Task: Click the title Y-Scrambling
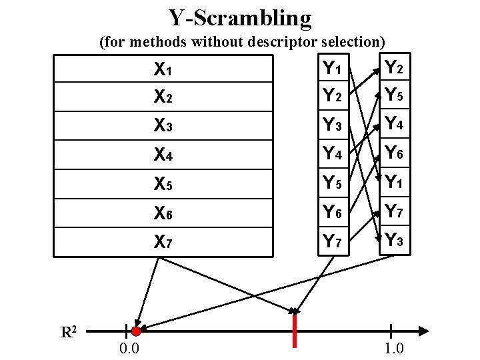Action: click(239, 18)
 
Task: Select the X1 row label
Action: click(163, 69)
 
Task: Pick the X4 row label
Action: click(163, 155)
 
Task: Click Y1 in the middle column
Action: click(333, 68)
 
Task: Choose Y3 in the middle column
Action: click(333, 125)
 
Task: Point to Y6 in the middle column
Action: click(333, 212)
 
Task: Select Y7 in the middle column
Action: click(333, 241)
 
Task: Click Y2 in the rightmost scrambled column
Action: click(395, 67)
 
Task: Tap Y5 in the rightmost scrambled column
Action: click(395, 96)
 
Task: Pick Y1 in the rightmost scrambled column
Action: click(395, 182)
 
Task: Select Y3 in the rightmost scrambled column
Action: click(395, 240)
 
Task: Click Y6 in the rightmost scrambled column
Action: click(395, 153)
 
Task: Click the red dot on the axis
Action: click(136, 331)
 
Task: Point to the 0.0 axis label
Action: click(129, 349)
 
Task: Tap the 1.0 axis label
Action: click(393, 349)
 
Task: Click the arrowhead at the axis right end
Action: click(422, 330)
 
